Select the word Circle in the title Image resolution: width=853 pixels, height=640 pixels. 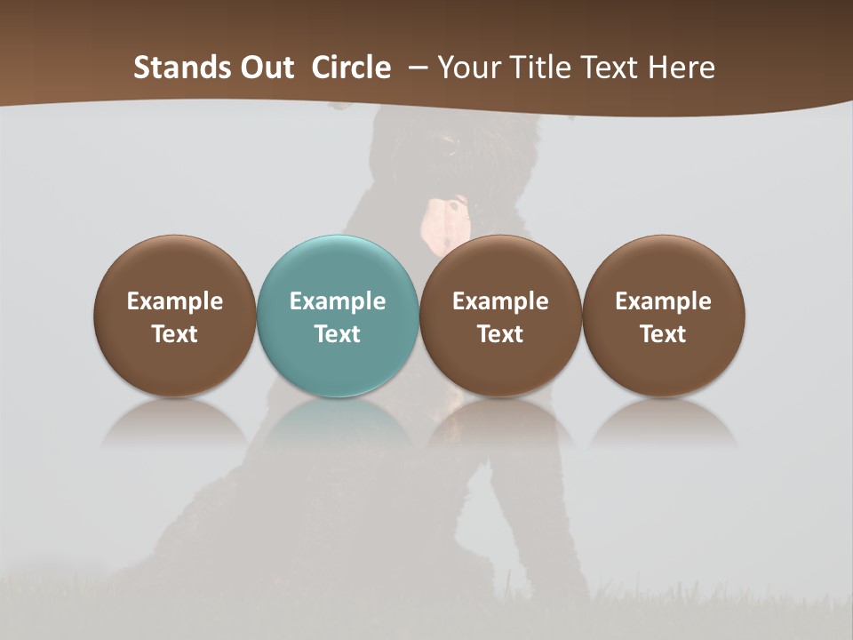tap(351, 68)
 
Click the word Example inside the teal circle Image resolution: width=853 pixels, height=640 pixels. tap(338, 301)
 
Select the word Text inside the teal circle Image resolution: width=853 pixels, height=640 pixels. tap(338, 334)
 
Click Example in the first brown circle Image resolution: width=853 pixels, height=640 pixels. tap(175, 301)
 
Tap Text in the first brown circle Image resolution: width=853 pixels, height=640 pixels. tap(175, 334)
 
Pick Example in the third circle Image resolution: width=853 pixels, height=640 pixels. tap(500, 301)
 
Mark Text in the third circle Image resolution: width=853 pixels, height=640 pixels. tap(500, 334)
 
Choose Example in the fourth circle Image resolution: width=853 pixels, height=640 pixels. tap(663, 301)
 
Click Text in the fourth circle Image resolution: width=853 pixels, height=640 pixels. tap(663, 334)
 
